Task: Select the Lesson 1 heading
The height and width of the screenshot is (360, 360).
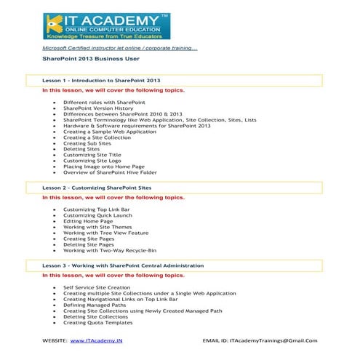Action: click(x=101, y=80)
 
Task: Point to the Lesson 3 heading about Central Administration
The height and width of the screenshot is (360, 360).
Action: click(x=123, y=266)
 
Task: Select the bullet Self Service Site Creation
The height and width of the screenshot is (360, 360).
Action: click(x=98, y=287)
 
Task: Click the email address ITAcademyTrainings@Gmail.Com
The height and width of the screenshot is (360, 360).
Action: click(x=273, y=340)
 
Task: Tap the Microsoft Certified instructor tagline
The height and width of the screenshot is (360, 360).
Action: click(x=119, y=47)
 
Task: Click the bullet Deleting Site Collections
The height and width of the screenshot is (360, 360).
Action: click(x=96, y=316)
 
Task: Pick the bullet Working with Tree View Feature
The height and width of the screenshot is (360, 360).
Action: click(x=106, y=233)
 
